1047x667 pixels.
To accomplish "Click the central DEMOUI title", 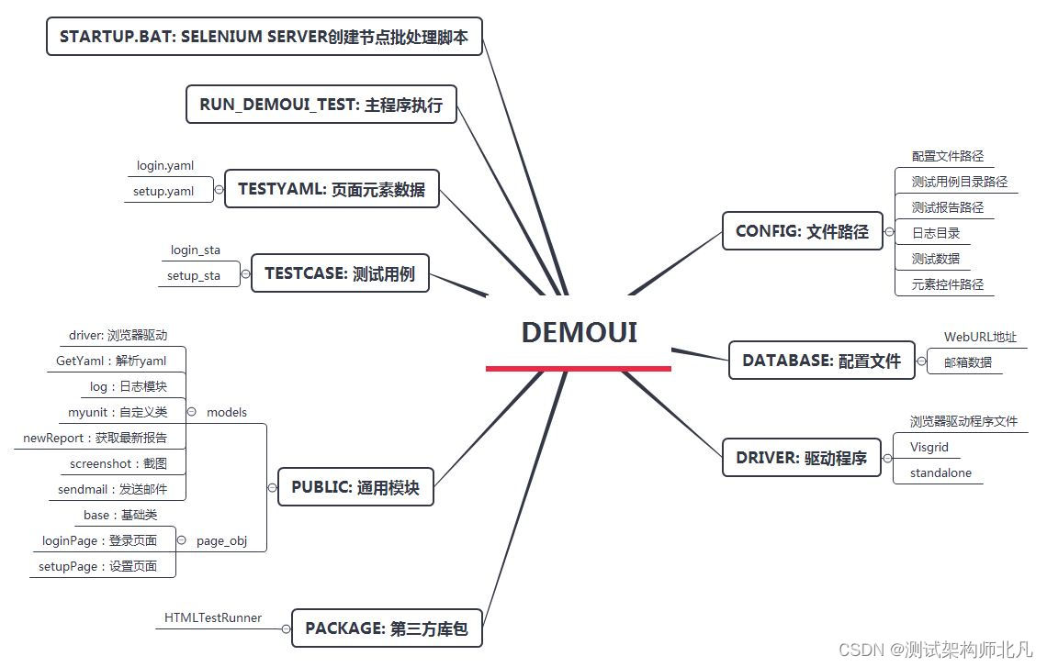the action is pyautogui.click(x=579, y=332).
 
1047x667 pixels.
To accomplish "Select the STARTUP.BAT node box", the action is pyautogui.click(x=264, y=37).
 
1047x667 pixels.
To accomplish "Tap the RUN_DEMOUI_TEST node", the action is pyautogui.click(x=321, y=105).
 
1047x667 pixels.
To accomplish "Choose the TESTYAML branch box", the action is pyautogui.click(x=332, y=189).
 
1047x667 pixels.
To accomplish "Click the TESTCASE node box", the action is pyautogui.click(x=339, y=273).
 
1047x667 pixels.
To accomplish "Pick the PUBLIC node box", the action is pyautogui.click(x=355, y=487).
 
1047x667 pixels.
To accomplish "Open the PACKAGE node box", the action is pyautogui.click(x=386, y=628).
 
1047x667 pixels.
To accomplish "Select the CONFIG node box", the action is pyautogui.click(x=802, y=231).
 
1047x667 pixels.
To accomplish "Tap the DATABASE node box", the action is pyautogui.click(x=821, y=361).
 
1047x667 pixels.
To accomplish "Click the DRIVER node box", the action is pyautogui.click(x=801, y=457).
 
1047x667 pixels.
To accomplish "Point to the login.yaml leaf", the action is pyautogui.click(x=165, y=166).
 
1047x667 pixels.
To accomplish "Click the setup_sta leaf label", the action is pyautogui.click(x=193, y=275).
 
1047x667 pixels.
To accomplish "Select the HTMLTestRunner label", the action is pyautogui.click(x=213, y=617).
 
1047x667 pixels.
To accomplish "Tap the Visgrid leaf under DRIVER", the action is pyautogui.click(x=929, y=448).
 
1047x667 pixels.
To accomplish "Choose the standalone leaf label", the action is pyautogui.click(x=940, y=473).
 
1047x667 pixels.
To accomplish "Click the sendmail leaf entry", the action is pyautogui.click(x=112, y=489).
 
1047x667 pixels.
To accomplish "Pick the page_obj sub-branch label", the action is pyautogui.click(x=221, y=540).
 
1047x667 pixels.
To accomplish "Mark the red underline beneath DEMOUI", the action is pyautogui.click(x=579, y=368).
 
